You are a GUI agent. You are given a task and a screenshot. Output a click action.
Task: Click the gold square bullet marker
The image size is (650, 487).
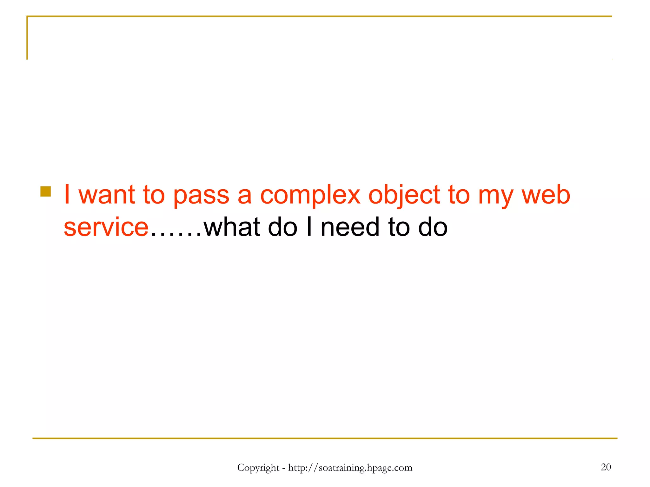coord(46,192)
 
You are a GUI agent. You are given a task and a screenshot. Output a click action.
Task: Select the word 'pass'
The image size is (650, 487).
coord(201,196)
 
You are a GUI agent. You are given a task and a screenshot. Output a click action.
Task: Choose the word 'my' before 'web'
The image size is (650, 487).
coord(495,197)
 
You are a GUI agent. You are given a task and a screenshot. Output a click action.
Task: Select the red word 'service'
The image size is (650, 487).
coord(106,227)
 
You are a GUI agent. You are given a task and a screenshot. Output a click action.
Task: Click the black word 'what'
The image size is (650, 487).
coord(232,227)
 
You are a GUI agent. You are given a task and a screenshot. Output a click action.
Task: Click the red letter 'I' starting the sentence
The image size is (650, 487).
coord(67,195)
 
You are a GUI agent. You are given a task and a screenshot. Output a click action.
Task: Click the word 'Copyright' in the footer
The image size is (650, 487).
coord(258,468)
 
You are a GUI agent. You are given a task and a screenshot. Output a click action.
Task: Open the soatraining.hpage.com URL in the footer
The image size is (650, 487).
coord(350,468)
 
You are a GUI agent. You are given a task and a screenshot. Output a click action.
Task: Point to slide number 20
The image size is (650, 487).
coord(606,467)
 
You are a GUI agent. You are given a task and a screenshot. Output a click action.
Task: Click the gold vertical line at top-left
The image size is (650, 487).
coord(27,38)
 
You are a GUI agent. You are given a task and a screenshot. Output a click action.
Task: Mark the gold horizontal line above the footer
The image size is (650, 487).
coord(325,438)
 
